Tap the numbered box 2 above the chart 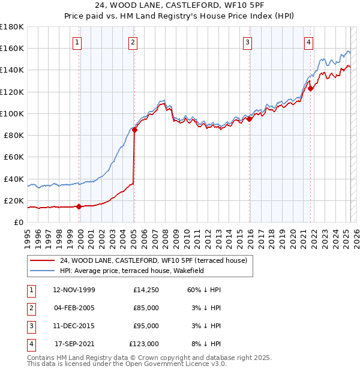133,42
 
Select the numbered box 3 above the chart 247,42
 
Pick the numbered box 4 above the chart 308,42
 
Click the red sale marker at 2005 135,130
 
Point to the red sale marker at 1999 79,206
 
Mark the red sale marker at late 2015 249,119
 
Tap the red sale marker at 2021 310,89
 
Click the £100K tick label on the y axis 12,113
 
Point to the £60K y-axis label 14,157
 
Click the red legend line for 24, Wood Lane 42,261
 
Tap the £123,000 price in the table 144,344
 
